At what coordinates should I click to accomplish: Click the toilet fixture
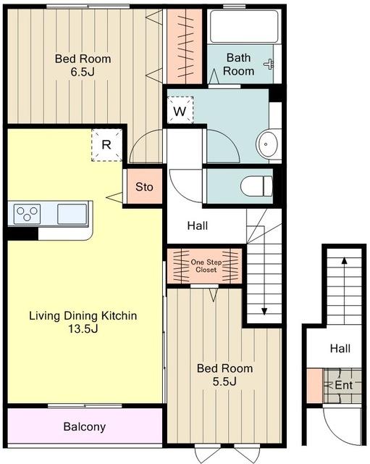click(256, 186)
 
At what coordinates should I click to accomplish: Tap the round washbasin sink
click(267, 145)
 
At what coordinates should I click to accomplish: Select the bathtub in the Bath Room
click(244, 26)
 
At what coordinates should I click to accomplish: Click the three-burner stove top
click(28, 213)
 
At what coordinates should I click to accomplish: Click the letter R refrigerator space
click(106, 145)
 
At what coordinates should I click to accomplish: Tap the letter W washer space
click(180, 110)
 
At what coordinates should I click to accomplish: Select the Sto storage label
click(144, 187)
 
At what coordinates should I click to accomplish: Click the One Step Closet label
click(206, 266)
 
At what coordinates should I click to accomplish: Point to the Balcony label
click(85, 426)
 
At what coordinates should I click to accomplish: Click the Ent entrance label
click(344, 385)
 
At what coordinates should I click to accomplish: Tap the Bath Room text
click(238, 65)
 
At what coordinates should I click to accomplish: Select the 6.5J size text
click(83, 72)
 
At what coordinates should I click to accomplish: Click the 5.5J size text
click(224, 382)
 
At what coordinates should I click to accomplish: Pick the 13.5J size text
click(83, 328)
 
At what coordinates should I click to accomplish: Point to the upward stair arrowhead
click(344, 260)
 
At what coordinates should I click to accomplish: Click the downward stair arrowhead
click(264, 311)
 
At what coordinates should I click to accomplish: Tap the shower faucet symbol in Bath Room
click(269, 64)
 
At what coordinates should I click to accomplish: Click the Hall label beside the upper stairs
click(198, 225)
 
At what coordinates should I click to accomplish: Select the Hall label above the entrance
click(340, 348)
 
